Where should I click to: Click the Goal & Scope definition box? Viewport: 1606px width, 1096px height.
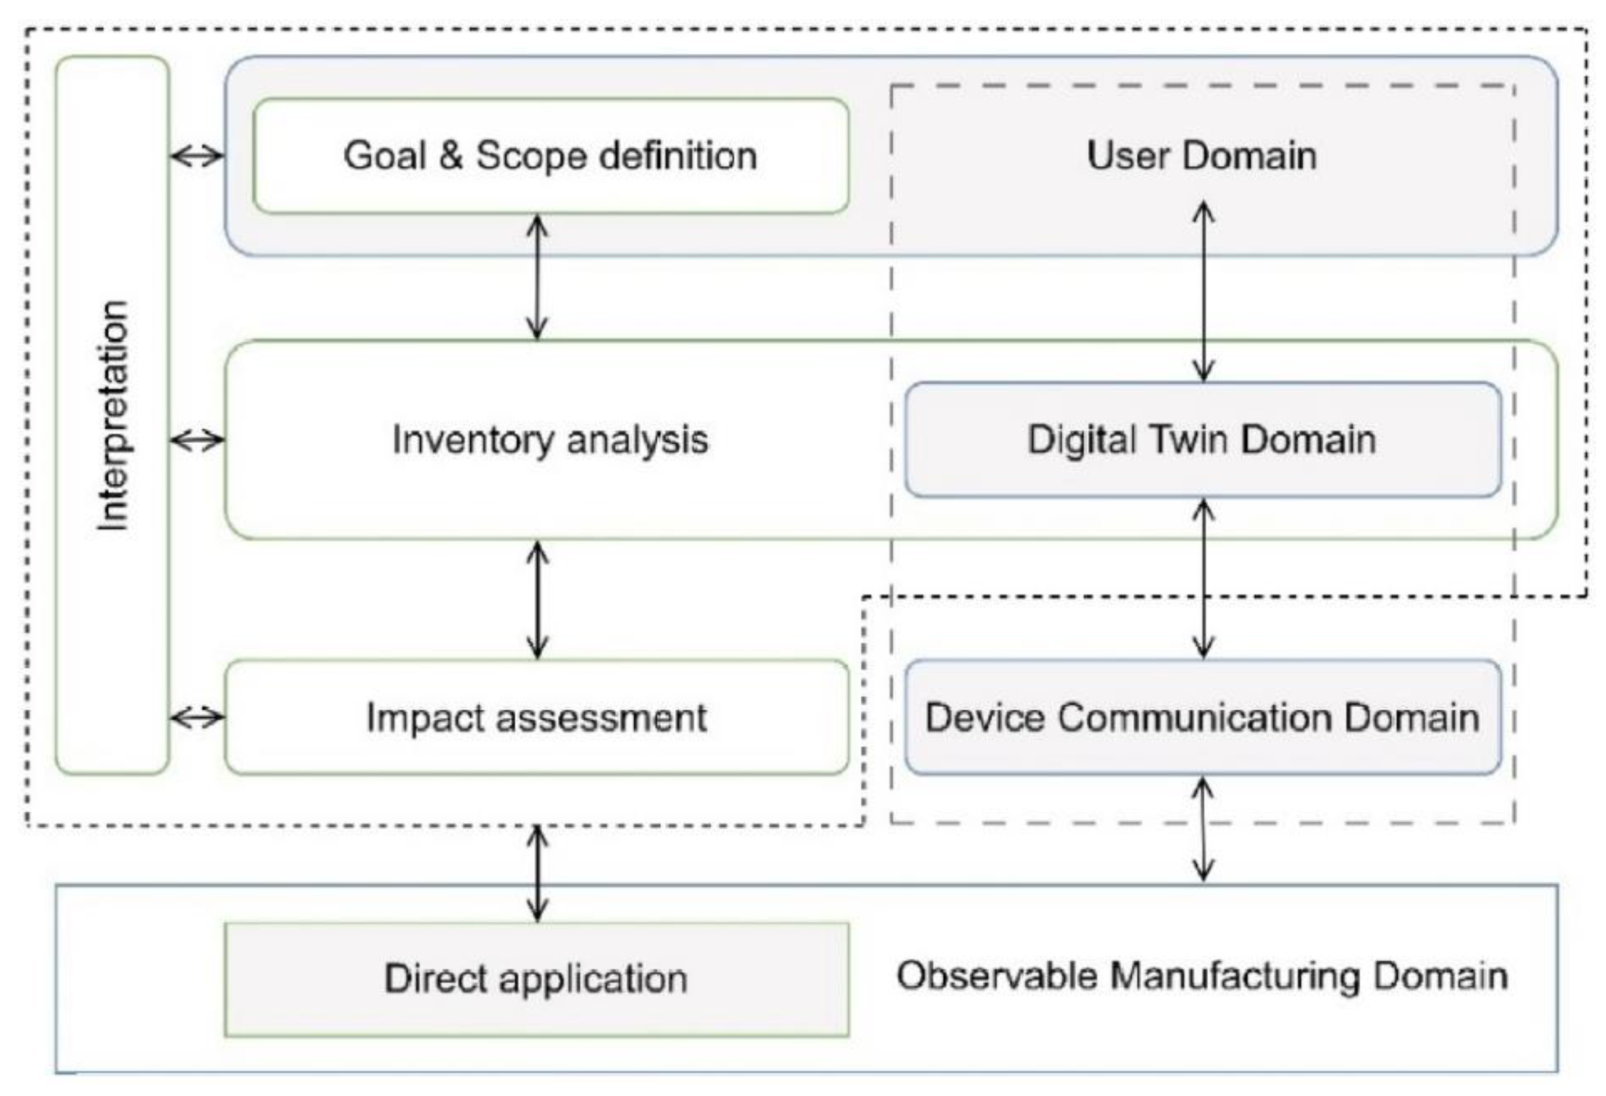point(550,156)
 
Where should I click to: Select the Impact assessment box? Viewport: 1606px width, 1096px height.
point(536,717)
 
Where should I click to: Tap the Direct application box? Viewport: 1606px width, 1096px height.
point(536,979)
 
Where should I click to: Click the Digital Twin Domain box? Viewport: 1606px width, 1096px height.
point(1202,439)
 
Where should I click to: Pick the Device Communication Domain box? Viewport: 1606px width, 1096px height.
point(1202,717)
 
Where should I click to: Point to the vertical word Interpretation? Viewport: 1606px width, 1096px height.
point(113,414)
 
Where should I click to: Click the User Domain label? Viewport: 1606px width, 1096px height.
point(1202,155)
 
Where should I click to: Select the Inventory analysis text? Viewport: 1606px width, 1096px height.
point(550,439)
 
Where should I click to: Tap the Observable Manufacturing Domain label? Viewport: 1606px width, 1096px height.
point(1202,976)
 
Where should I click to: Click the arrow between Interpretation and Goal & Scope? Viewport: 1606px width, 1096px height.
point(197,157)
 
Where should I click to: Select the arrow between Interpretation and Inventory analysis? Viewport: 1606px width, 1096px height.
point(197,439)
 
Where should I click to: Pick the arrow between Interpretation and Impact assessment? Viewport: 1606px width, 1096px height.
point(197,718)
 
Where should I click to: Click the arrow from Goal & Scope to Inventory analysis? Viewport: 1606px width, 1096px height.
point(537,276)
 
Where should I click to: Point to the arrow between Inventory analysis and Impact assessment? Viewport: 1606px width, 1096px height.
point(537,599)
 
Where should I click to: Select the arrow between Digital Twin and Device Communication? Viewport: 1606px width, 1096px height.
point(1204,578)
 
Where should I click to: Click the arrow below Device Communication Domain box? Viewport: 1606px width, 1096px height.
point(1204,829)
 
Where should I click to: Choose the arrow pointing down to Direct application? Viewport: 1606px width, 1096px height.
point(537,874)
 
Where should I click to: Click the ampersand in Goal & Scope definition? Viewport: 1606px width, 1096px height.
point(450,156)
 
